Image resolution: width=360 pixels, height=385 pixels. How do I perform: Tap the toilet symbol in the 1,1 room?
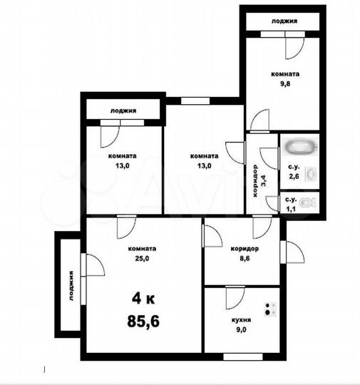tap(307, 202)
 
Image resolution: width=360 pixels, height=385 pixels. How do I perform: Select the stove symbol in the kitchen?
tap(271, 309)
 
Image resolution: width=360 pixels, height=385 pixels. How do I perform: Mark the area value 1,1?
tap(291, 209)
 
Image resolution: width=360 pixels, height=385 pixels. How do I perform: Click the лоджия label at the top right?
tap(284, 21)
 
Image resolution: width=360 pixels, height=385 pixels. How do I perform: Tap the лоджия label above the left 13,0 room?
tap(123, 111)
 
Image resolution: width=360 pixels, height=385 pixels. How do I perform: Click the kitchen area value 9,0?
tap(240, 331)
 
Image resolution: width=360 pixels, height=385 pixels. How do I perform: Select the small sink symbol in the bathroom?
tap(310, 173)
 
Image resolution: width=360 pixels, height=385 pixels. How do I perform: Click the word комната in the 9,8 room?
tap(285, 73)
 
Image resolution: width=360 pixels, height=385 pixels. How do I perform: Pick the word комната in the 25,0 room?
tap(142, 249)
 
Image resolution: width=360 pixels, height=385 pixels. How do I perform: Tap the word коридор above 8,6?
tap(244, 249)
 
